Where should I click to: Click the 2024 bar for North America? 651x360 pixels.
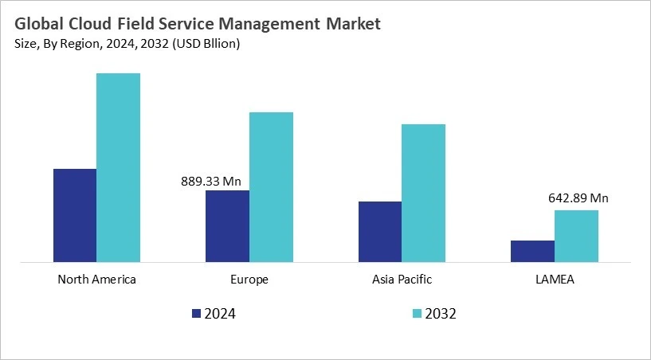tap(74, 215)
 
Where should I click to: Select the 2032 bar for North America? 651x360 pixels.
tap(118, 167)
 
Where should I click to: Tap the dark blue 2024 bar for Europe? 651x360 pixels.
tap(227, 225)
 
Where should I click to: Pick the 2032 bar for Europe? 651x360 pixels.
tap(271, 186)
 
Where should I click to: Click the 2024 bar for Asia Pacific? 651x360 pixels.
tap(379, 231)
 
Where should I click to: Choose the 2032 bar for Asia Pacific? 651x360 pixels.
tap(423, 193)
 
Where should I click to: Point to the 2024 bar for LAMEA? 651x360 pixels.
tap(532, 251)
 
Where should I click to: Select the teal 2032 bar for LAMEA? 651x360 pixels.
tap(576, 236)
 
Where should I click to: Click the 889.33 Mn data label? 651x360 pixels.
tap(211, 182)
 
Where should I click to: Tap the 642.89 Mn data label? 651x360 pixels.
tap(578, 198)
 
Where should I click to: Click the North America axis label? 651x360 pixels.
tap(97, 280)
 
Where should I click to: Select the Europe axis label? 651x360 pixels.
tap(249, 280)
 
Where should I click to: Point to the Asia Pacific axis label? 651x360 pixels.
tap(402, 280)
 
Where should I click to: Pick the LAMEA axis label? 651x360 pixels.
tap(555, 280)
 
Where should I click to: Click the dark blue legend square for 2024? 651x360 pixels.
tap(196, 314)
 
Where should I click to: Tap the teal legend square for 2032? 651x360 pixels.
tap(418, 314)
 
